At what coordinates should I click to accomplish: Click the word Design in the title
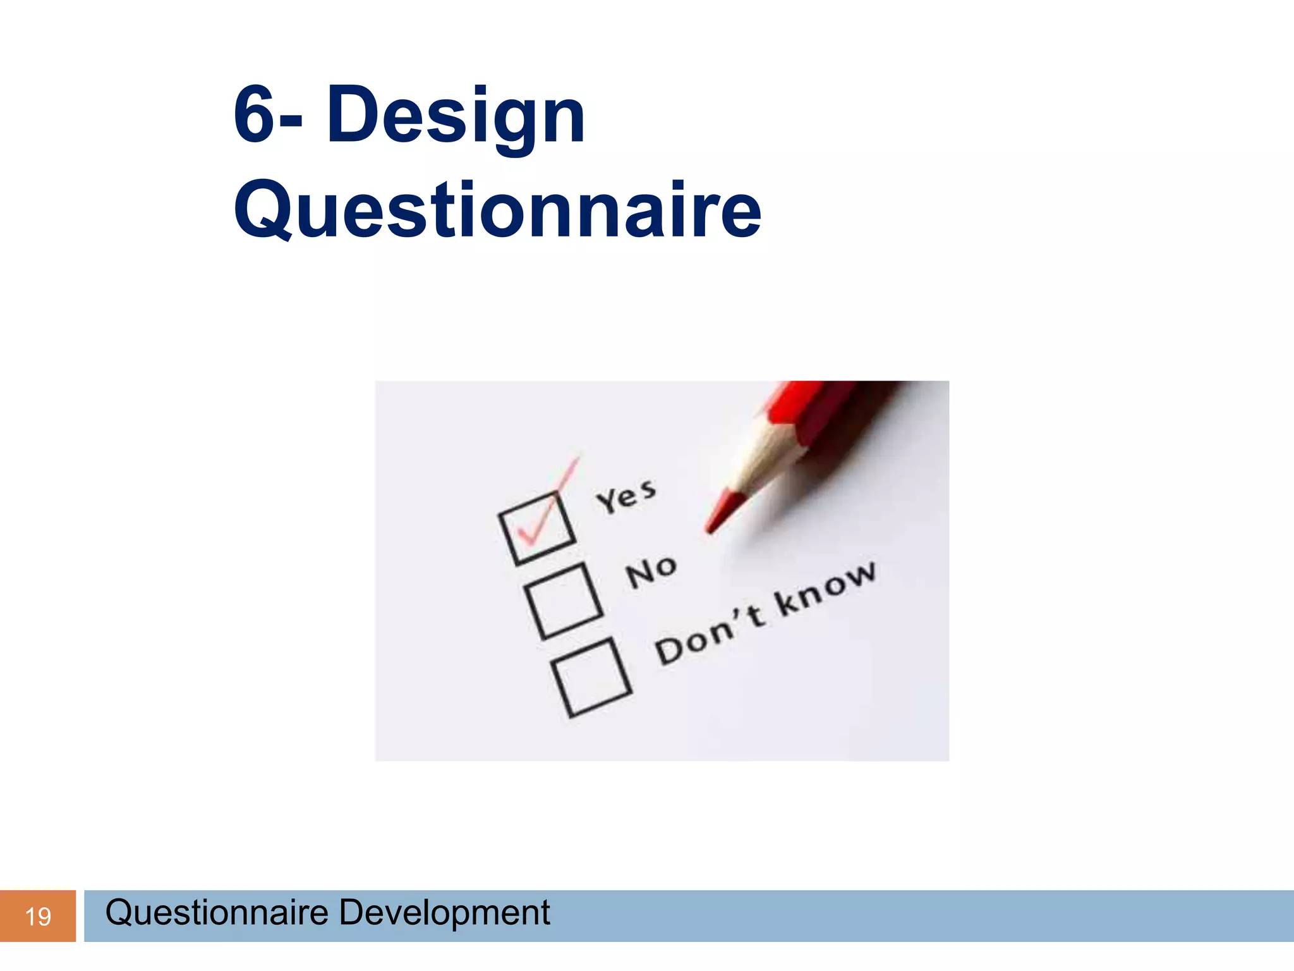click(x=456, y=116)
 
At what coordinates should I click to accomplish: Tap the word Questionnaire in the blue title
click(x=498, y=210)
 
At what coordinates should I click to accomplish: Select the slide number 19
click(x=38, y=917)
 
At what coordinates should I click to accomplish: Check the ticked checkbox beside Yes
click(x=537, y=528)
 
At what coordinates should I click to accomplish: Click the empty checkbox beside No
click(x=564, y=601)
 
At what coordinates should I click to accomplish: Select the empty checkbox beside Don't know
click(x=591, y=678)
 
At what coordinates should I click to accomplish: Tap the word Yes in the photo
click(x=626, y=496)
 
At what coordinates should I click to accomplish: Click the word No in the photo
click(x=651, y=571)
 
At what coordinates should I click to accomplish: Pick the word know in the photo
click(x=826, y=588)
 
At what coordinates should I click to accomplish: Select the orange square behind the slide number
click(x=38, y=916)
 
